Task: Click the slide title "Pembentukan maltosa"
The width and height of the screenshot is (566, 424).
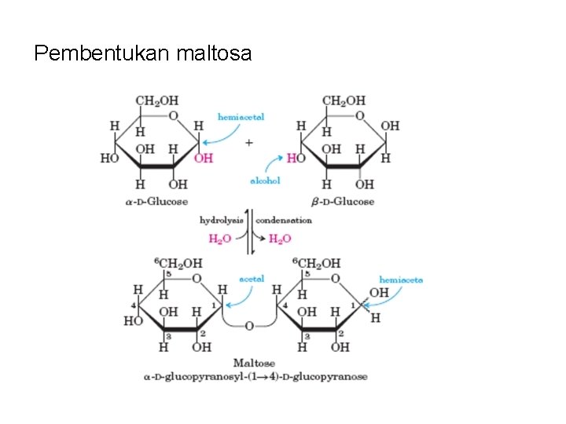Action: point(143,53)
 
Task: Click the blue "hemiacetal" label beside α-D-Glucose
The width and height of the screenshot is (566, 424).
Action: point(241,116)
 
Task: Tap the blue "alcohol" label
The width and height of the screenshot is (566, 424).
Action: point(265,181)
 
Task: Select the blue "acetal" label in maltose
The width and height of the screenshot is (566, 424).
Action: point(252,278)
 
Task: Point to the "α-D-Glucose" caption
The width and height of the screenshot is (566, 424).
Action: point(156,202)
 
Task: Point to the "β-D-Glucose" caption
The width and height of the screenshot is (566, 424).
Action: point(343,202)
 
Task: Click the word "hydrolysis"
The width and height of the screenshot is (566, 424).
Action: point(221,221)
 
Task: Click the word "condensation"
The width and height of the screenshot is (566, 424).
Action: point(284,221)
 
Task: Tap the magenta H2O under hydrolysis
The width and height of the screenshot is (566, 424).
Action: point(219,239)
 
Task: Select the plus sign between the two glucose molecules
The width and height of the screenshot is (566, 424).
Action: point(249,143)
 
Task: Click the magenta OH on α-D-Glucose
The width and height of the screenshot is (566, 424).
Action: point(203,158)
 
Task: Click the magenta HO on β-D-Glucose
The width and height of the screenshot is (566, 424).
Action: point(296,158)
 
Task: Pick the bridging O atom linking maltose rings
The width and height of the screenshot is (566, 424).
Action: point(249,324)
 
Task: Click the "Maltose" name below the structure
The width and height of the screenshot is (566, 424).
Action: point(254,363)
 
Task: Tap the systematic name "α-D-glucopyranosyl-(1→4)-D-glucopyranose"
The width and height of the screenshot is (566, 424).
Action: point(246,377)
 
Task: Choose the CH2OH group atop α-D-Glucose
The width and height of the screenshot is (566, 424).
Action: point(157,101)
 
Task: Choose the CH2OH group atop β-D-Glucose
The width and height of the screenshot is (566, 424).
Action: point(344,101)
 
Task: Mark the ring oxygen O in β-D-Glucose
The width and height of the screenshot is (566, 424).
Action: point(359,116)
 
